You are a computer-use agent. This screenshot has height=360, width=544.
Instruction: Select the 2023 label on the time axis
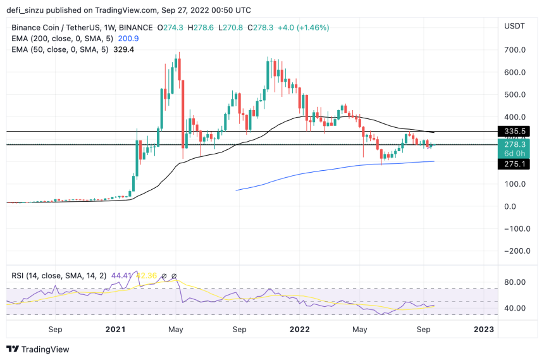coord(485,329)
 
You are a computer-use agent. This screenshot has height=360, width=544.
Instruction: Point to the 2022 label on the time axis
coord(299,329)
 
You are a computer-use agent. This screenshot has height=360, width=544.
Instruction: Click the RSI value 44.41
coord(120,276)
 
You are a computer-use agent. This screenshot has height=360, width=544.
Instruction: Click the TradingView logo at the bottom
coord(38,349)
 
